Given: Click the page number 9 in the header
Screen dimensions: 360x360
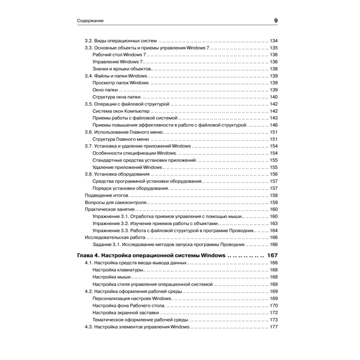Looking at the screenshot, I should [276, 21].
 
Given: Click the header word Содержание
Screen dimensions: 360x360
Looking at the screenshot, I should [90, 21].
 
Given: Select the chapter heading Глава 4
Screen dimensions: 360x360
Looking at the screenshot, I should [88, 255].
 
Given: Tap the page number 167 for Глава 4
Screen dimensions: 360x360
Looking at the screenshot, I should [273, 255].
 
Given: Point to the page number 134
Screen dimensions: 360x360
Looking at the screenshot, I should [274, 41].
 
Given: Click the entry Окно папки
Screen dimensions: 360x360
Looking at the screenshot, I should [105, 90].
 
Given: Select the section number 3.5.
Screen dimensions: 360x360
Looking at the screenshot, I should [89, 104].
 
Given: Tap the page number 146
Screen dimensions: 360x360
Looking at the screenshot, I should [274, 125].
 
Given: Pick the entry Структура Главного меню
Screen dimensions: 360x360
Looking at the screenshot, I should [121, 139].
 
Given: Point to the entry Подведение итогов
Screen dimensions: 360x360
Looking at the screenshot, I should [106, 195].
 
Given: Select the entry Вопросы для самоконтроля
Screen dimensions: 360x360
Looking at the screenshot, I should [111, 203].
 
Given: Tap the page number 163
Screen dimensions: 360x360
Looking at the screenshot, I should [274, 224].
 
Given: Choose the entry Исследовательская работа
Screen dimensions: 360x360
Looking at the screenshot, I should [115, 238].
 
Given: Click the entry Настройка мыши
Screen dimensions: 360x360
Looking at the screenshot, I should [111, 277].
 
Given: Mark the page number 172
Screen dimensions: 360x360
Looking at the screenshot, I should [274, 312].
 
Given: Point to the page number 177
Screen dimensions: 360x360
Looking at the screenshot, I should [274, 327].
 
